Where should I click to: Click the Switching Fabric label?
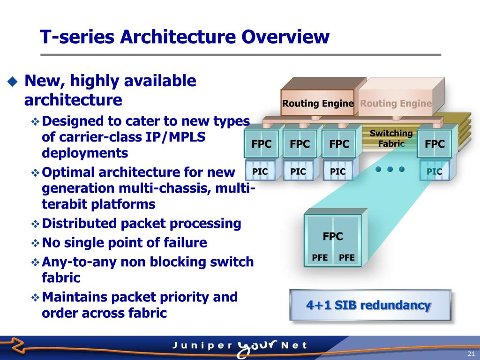391,138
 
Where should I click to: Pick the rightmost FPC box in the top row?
435,144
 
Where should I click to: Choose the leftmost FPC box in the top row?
262,144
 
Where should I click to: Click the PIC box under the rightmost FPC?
435,172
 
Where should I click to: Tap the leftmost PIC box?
260,172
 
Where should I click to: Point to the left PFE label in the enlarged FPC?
320,257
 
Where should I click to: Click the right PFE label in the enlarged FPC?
347,257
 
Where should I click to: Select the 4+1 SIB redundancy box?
369,306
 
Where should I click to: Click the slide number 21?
471,353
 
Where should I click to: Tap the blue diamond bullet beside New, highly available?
12,82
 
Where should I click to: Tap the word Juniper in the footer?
202,346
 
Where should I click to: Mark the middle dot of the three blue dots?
390,169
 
